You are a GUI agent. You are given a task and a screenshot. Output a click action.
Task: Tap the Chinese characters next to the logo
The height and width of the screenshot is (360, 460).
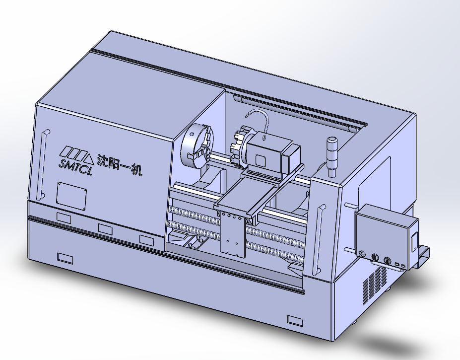[x=120, y=165]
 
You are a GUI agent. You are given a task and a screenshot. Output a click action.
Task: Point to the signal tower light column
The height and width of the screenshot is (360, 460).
[x=332, y=157]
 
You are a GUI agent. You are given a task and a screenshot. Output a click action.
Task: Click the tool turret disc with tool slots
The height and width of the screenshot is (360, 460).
[x=239, y=145]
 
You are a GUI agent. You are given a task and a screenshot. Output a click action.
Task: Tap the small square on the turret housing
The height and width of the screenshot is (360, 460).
[x=260, y=160]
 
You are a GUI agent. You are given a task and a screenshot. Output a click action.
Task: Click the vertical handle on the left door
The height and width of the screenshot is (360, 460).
[x=43, y=165]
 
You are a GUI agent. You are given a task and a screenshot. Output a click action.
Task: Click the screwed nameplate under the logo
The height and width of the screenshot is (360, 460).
[x=71, y=196]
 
